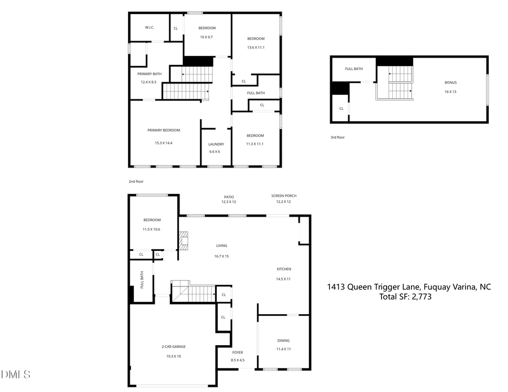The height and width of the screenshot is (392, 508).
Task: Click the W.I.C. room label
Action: point(150,27)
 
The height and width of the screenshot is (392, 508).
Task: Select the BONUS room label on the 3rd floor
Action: point(450,82)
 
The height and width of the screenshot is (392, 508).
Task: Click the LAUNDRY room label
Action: point(216,144)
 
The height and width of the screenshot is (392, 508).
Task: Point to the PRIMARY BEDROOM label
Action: point(164,130)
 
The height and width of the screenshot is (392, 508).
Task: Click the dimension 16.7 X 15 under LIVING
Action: point(221,256)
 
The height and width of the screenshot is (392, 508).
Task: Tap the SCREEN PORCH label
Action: point(283,196)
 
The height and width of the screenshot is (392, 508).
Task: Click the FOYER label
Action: point(238,352)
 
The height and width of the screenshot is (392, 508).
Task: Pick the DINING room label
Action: point(283,341)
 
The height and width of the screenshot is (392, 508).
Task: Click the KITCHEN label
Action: point(283,269)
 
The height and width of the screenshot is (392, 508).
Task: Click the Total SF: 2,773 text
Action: point(406,297)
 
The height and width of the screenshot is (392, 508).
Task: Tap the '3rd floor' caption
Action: point(338,137)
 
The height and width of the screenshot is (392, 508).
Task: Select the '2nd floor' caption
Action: point(136,182)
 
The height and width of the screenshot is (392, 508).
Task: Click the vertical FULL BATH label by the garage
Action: point(142,280)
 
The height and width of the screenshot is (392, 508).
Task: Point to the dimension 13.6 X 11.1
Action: point(256,47)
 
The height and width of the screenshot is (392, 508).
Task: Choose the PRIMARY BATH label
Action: point(148,73)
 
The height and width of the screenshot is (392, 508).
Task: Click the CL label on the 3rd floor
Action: point(341,108)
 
